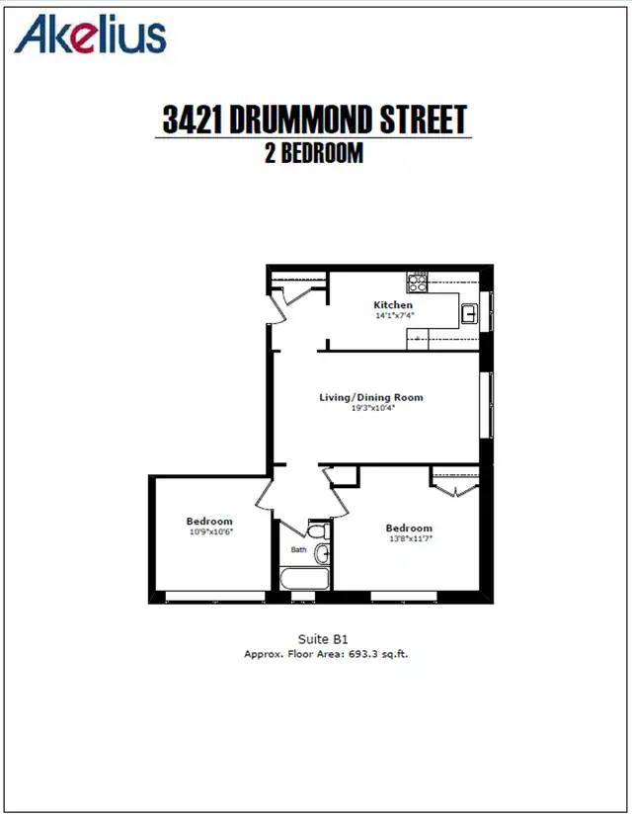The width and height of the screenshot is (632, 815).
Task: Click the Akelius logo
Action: pyautogui.click(x=91, y=35)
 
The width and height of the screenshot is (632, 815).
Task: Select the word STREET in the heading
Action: pyautogui.click(x=420, y=121)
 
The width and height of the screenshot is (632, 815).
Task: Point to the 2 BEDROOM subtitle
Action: pyautogui.click(x=312, y=153)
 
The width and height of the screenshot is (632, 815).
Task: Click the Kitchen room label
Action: pyautogui.click(x=392, y=305)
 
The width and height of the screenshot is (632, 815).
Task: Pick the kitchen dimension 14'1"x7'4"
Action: pyautogui.click(x=392, y=316)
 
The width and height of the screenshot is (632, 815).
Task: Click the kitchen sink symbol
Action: pyautogui.click(x=471, y=314)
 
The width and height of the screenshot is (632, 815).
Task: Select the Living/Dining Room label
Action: pyautogui.click(x=370, y=397)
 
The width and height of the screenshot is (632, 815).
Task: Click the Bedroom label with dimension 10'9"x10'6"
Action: pyautogui.click(x=209, y=521)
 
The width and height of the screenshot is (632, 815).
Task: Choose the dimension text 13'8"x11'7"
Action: pyautogui.click(x=409, y=538)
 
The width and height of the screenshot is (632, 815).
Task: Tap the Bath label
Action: pyautogui.click(x=298, y=550)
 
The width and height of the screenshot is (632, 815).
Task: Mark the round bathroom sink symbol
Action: pyautogui.click(x=323, y=553)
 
